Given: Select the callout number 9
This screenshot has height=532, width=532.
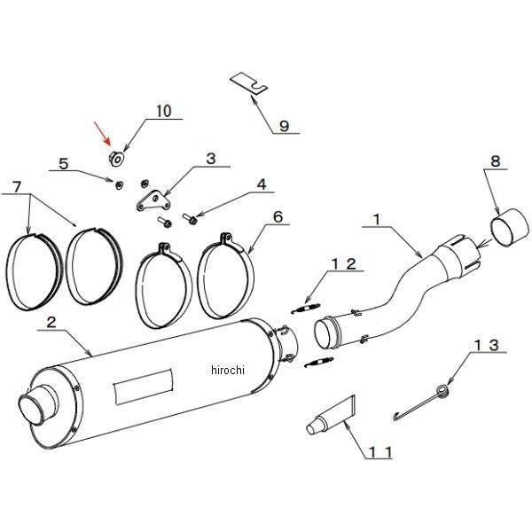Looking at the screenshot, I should click(x=284, y=126).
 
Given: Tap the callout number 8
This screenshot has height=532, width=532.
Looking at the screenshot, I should click(x=496, y=162).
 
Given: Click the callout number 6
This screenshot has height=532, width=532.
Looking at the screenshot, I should click(x=278, y=215).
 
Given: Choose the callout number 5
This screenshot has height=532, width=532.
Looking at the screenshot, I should click(x=63, y=163).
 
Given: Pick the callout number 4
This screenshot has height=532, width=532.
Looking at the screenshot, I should click(x=262, y=184).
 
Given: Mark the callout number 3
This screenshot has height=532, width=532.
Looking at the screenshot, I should click(x=210, y=160).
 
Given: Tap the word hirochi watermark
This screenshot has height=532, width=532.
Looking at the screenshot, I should click(x=227, y=370).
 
